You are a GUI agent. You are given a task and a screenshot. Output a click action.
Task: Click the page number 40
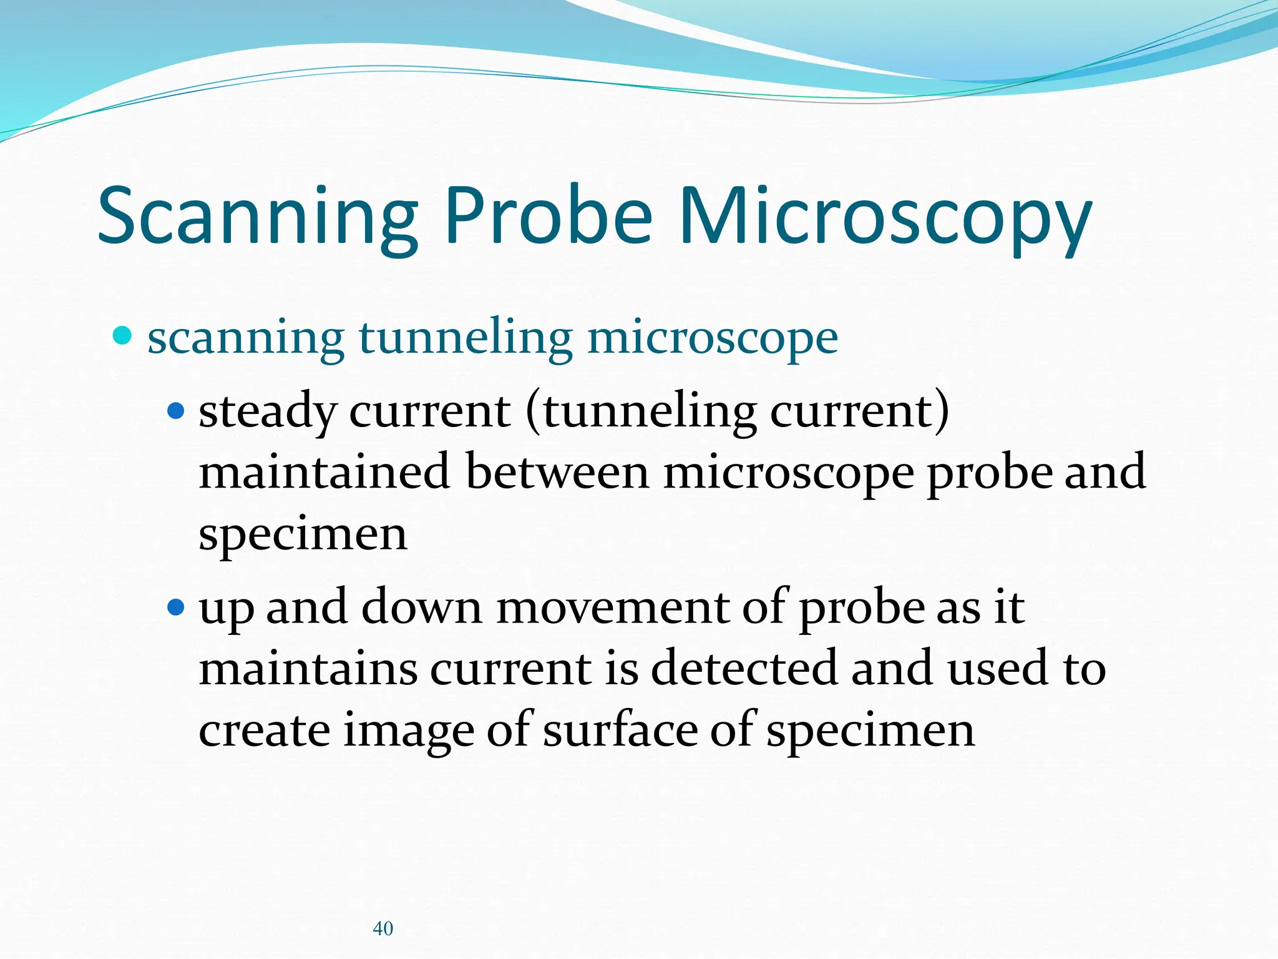point(383,928)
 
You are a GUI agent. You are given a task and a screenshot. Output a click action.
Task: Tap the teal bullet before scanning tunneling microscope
point(123,336)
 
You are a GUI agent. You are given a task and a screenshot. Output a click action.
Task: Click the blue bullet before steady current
point(177,411)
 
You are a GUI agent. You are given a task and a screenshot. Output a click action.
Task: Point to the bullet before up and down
point(177,606)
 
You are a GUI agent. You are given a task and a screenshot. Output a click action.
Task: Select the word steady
point(267,413)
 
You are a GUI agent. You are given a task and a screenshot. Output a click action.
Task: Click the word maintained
point(324,472)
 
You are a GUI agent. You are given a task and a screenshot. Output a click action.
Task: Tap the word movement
point(612,607)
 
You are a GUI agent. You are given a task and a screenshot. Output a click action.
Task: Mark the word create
point(264,730)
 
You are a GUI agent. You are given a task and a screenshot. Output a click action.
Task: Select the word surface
point(620,730)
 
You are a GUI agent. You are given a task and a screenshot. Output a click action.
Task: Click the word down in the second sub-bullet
point(421,607)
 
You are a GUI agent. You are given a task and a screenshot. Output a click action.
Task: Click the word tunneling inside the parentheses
point(649,413)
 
